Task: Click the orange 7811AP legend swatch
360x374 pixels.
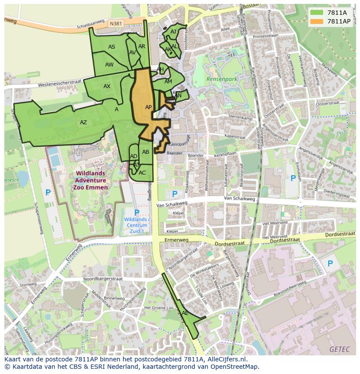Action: [x=317, y=21]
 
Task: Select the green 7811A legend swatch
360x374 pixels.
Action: [x=317, y=13]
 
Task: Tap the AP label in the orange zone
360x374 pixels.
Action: [x=148, y=107]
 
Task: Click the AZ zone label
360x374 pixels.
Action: [x=83, y=122]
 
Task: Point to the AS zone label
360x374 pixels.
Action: [x=112, y=47]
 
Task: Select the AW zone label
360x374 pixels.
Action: [x=109, y=65]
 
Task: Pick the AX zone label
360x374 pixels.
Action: [x=107, y=86]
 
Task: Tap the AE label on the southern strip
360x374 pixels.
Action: [x=185, y=313]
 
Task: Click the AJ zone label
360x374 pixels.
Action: [x=173, y=32]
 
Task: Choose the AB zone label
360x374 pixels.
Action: [x=146, y=152]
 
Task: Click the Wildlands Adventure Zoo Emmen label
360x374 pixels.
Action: [x=90, y=180]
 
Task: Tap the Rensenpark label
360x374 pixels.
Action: [x=222, y=79]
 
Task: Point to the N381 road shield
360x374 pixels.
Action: [x=116, y=24]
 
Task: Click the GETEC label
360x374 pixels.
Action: [x=339, y=349]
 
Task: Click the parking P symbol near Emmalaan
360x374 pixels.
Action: [x=293, y=178]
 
